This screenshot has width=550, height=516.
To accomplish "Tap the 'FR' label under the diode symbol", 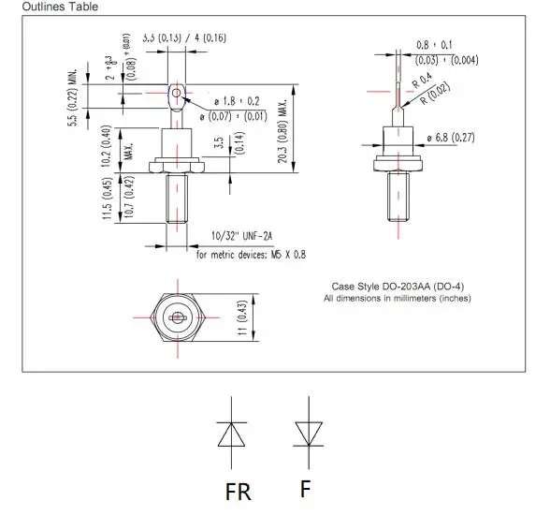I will tap(238, 490).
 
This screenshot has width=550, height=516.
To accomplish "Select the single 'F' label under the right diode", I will tap(305, 488).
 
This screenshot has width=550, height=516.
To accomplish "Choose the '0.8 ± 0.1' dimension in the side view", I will tap(435, 45).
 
